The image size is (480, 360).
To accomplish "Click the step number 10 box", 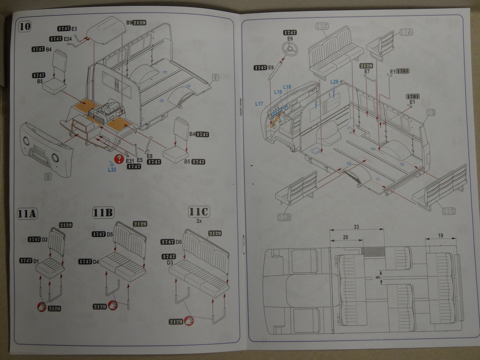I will tap(25, 26).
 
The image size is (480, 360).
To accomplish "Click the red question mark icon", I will tap(118, 159).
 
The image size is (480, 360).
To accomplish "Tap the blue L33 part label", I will tap(112, 170).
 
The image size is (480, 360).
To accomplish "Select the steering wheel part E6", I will tap(290, 50).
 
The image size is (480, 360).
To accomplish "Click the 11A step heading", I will tap(27, 214).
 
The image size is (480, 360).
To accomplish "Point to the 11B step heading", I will tap(103, 213).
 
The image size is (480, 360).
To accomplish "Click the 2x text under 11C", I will tap(199, 221).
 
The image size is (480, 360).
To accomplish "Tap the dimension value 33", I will tap(356, 227).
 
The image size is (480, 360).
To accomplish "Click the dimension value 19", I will tap(440, 236).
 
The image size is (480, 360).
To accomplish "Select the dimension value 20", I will tap(346, 237).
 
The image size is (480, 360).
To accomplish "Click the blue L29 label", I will tap(334, 82).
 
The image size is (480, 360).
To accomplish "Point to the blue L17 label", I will tap(259, 104).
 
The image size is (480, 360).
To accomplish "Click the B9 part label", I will tap(129, 23).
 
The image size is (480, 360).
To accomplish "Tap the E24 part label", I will tap(68, 39).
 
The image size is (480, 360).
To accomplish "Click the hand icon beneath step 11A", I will tap(42, 307).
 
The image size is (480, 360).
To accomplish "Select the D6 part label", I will tap(178, 242).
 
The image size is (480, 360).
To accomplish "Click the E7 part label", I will tap(367, 71).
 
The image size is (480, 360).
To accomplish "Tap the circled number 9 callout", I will tap(215, 77).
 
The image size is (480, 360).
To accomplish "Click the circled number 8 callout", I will tap(48, 177).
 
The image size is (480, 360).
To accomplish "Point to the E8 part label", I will tap(149, 156).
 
